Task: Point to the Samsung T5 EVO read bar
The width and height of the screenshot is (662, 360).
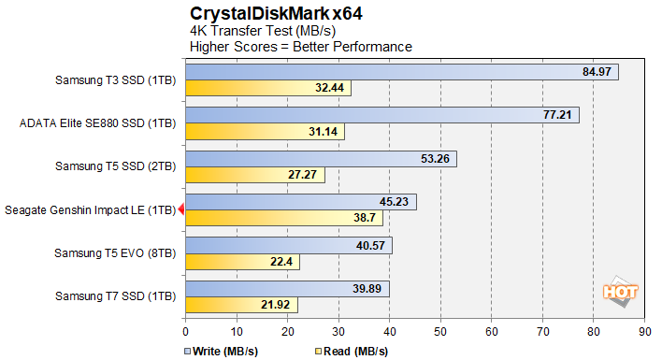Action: click(243, 261)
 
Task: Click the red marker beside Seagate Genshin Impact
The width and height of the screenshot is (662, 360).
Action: click(181, 210)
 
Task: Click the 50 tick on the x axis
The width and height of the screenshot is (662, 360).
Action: click(440, 331)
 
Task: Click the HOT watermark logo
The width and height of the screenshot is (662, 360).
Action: click(620, 291)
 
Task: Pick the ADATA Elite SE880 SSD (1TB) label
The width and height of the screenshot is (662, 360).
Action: click(97, 122)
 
